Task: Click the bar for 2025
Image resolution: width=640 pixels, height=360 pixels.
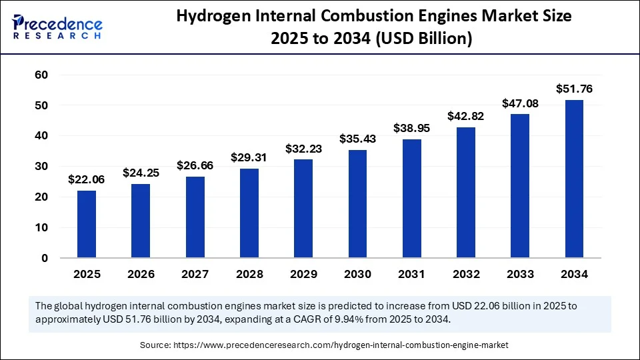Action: pyautogui.click(x=87, y=224)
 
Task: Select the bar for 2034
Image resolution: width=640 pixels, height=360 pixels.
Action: pyautogui.click(x=574, y=179)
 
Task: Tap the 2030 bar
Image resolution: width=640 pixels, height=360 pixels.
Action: pyautogui.click(x=357, y=203)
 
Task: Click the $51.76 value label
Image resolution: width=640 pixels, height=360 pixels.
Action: pyautogui.click(x=574, y=89)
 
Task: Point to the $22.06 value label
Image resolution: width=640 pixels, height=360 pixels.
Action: pyautogui.click(x=87, y=179)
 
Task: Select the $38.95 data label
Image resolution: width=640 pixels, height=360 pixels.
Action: pyautogui.click(x=411, y=127)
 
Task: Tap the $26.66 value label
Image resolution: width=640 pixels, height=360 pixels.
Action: pyautogui.click(x=195, y=165)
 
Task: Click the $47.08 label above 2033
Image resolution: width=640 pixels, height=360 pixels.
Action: pyautogui.click(x=520, y=103)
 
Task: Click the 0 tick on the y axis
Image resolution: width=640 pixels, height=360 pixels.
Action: pyautogui.click(x=44, y=258)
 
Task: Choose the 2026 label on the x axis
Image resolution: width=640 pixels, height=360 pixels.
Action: pyautogui.click(x=141, y=274)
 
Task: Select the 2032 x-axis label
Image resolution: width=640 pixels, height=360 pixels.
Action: pyautogui.click(x=466, y=274)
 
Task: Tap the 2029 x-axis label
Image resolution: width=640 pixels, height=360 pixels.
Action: pyautogui.click(x=303, y=274)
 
